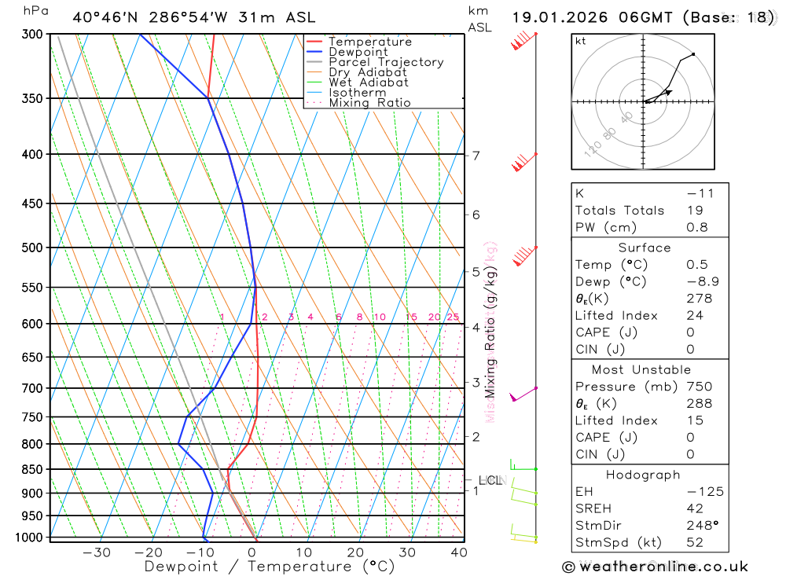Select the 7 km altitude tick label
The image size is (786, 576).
point(476,155)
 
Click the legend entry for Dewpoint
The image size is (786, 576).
point(358,52)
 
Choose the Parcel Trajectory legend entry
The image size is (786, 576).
point(385,62)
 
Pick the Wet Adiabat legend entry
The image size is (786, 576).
point(368,83)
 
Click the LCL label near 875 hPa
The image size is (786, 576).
point(490,480)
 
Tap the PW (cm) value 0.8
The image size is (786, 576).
point(696,228)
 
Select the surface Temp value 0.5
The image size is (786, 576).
point(696,265)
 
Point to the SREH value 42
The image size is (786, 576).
point(694,509)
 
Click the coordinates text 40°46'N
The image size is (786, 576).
point(105,17)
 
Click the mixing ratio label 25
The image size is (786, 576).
point(453,317)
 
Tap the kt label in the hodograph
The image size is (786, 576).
point(581,41)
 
